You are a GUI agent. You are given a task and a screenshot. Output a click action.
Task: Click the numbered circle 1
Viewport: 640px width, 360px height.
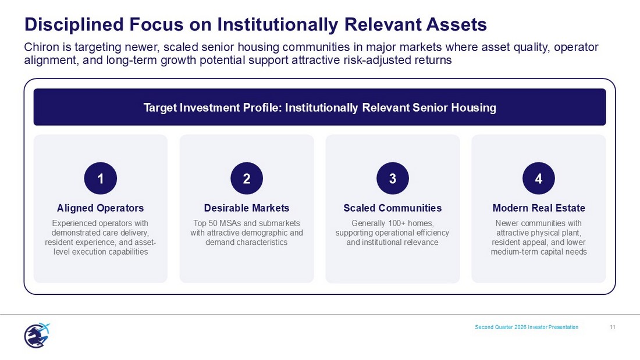pos(101,179)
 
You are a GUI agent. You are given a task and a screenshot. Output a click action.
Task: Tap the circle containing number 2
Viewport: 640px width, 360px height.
pos(247,179)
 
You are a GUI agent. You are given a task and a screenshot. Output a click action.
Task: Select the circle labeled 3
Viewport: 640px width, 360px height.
pos(393,179)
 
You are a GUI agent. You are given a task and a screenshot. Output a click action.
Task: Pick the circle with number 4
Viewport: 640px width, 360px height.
pos(539,179)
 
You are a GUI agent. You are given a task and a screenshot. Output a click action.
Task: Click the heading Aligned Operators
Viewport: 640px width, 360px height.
pos(101,208)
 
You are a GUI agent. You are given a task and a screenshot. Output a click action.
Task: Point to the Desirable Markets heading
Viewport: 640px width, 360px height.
pos(247,208)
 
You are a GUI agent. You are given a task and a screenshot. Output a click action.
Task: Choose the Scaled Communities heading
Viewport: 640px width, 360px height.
pos(393,208)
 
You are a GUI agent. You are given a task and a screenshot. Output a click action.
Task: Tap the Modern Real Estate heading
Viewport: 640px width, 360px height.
pos(539,208)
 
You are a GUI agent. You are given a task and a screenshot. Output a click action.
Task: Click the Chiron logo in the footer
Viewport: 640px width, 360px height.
pos(37,335)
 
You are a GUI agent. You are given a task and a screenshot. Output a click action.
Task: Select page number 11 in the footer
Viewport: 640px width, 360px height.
pos(612,327)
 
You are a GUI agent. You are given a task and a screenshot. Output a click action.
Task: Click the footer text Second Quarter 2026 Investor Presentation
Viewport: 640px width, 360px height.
pos(527,327)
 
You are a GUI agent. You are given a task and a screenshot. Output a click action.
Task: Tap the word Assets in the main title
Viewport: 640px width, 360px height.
pos(457,24)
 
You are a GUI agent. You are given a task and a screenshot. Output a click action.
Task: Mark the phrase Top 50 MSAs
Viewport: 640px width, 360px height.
pos(218,223)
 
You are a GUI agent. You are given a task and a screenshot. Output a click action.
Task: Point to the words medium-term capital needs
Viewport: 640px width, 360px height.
pos(539,252)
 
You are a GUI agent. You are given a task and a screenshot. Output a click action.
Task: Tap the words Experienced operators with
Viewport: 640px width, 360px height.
pos(101,223)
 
